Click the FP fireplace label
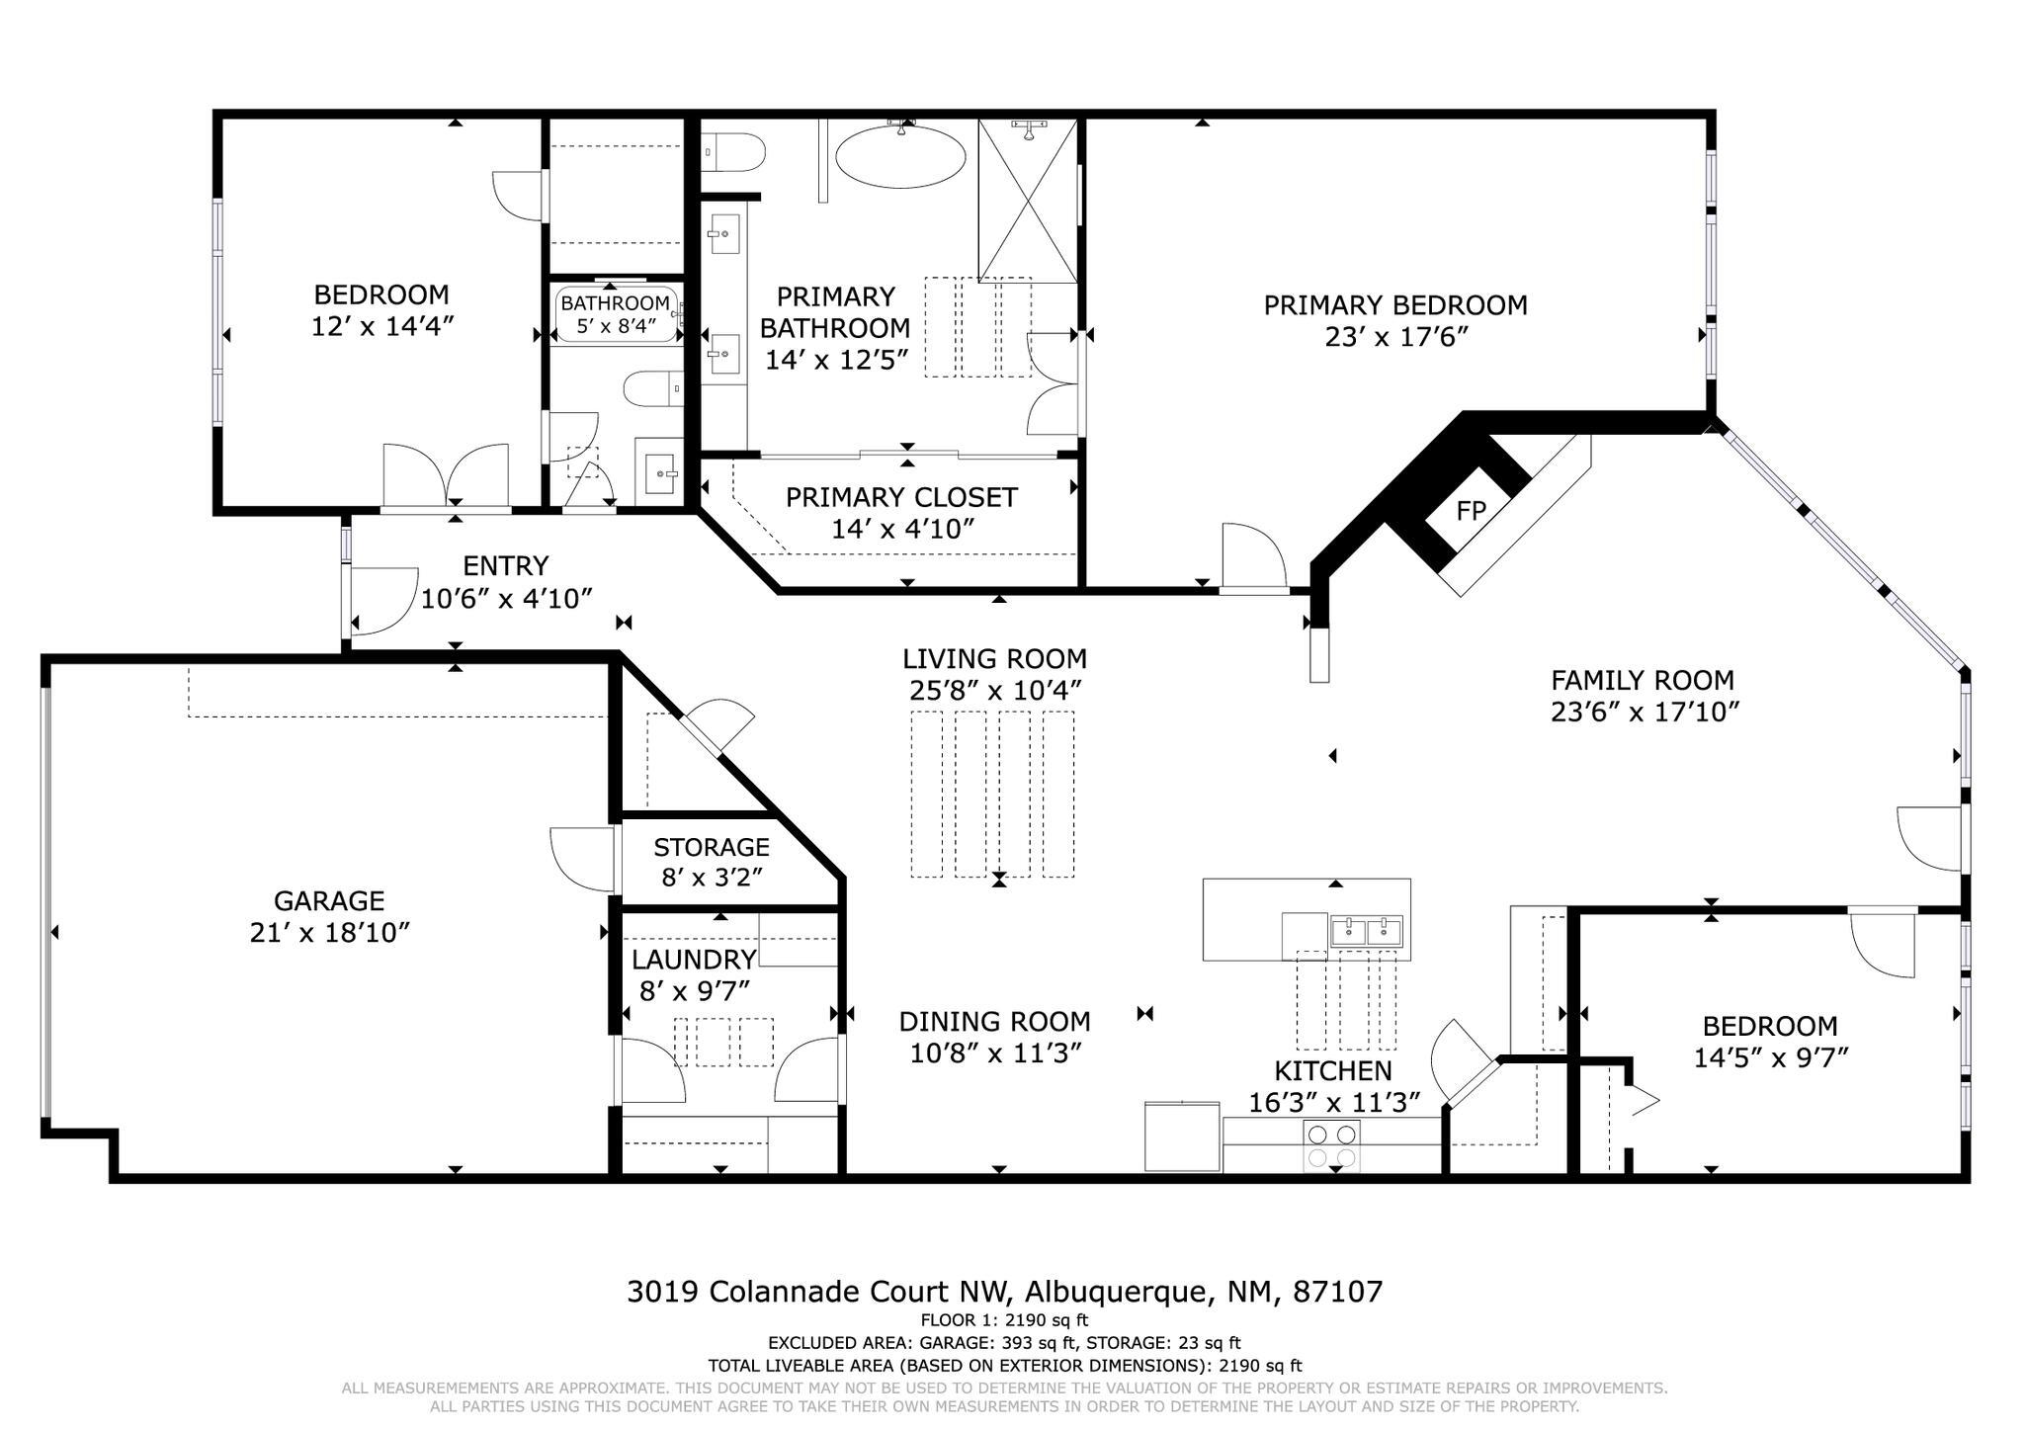(x=1471, y=511)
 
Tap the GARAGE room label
(x=328, y=900)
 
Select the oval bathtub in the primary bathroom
(x=900, y=156)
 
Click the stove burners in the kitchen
(x=1331, y=1145)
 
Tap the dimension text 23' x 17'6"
(x=1395, y=337)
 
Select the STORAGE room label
(x=711, y=847)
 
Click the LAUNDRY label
(x=693, y=959)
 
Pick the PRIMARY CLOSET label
(x=901, y=496)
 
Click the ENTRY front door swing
(x=380, y=600)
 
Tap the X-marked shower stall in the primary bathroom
(x=1028, y=200)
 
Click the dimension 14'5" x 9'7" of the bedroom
(x=1770, y=1057)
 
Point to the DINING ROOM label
(x=994, y=1021)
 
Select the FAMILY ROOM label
(x=1642, y=680)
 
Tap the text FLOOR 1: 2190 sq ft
(x=1004, y=1319)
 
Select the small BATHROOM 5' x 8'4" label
(x=615, y=303)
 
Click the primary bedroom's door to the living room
(x=1253, y=558)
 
